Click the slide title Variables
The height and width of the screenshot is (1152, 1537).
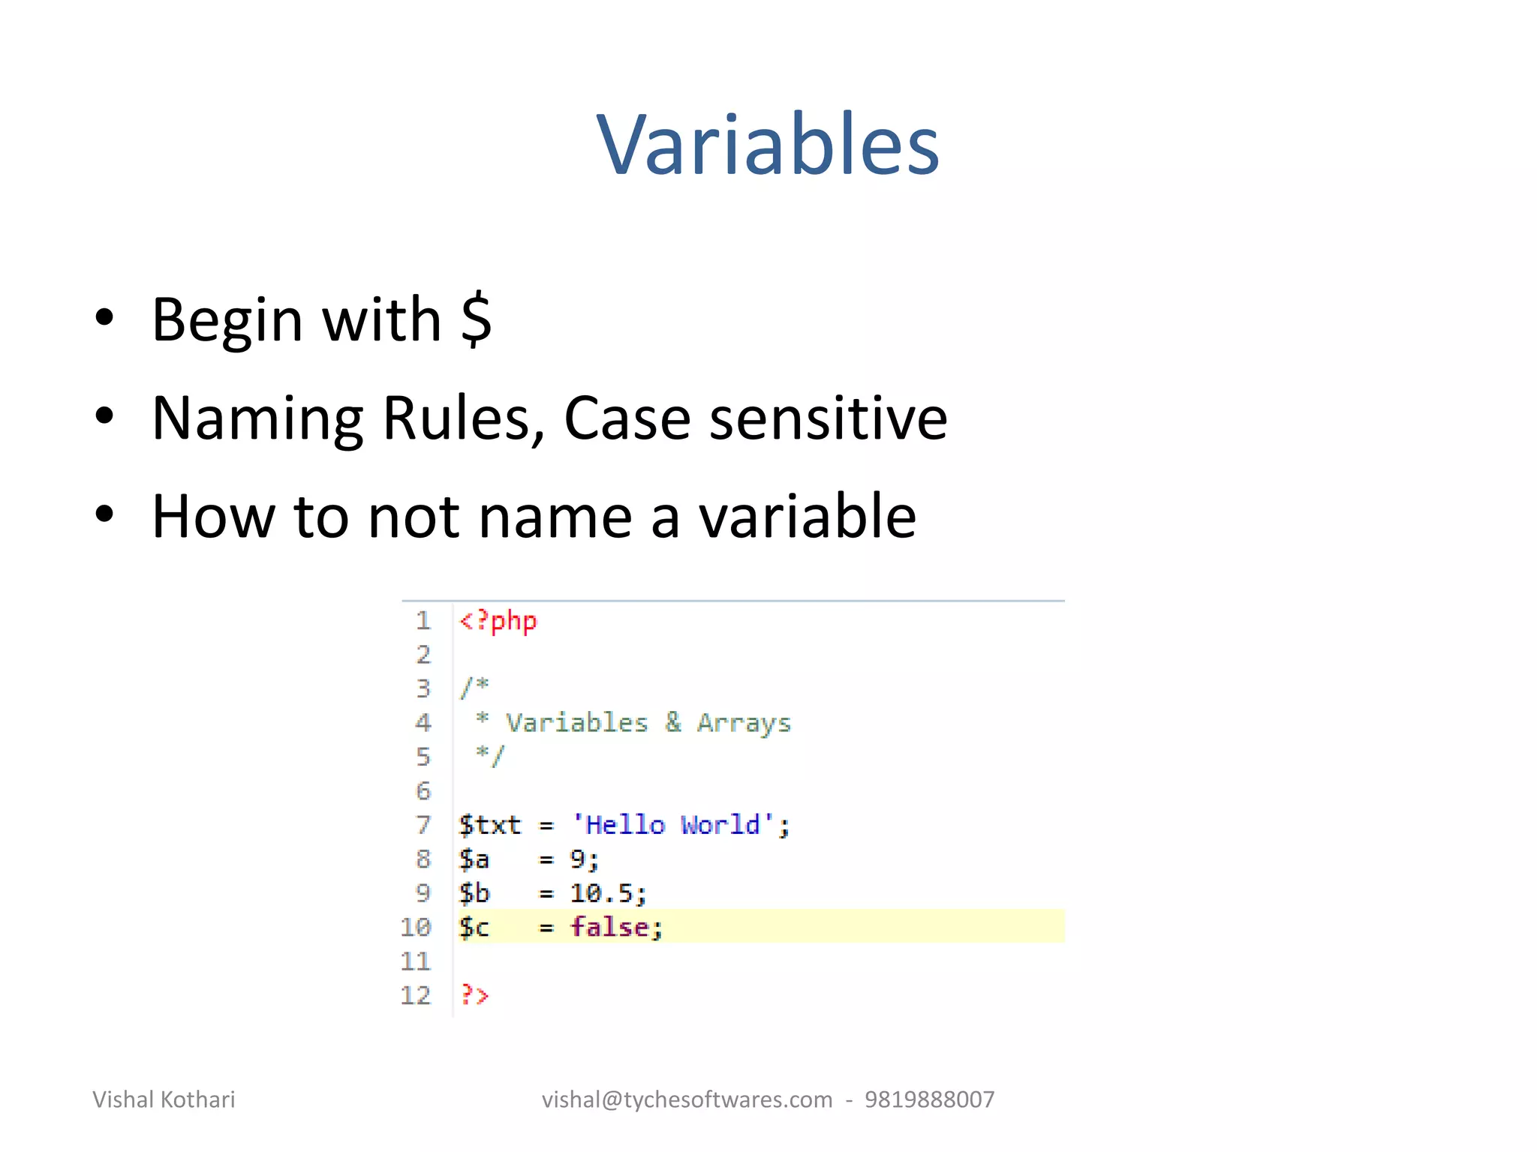[x=767, y=144]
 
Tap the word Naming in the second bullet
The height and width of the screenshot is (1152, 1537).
[x=258, y=418]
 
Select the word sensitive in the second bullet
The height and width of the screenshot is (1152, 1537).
[x=829, y=418]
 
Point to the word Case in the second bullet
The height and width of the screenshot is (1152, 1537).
[x=627, y=418]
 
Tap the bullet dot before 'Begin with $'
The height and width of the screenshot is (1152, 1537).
[x=104, y=318]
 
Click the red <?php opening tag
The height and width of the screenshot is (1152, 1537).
[x=498, y=621]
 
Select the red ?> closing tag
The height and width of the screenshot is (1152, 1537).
[x=474, y=995]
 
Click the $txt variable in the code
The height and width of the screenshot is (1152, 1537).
[x=489, y=825]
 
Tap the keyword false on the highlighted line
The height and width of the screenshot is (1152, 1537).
[x=609, y=928]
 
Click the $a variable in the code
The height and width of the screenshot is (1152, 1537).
[x=474, y=859]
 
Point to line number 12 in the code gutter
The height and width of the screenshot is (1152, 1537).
[x=416, y=995]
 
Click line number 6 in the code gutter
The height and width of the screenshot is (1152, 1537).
[x=423, y=791]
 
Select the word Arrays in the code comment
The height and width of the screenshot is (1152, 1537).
[x=744, y=723]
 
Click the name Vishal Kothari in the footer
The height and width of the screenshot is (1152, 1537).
[x=164, y=1099]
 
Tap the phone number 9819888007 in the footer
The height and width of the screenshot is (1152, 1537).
[x=929, y=1099]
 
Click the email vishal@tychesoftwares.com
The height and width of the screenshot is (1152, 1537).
[x=687, y=1099]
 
